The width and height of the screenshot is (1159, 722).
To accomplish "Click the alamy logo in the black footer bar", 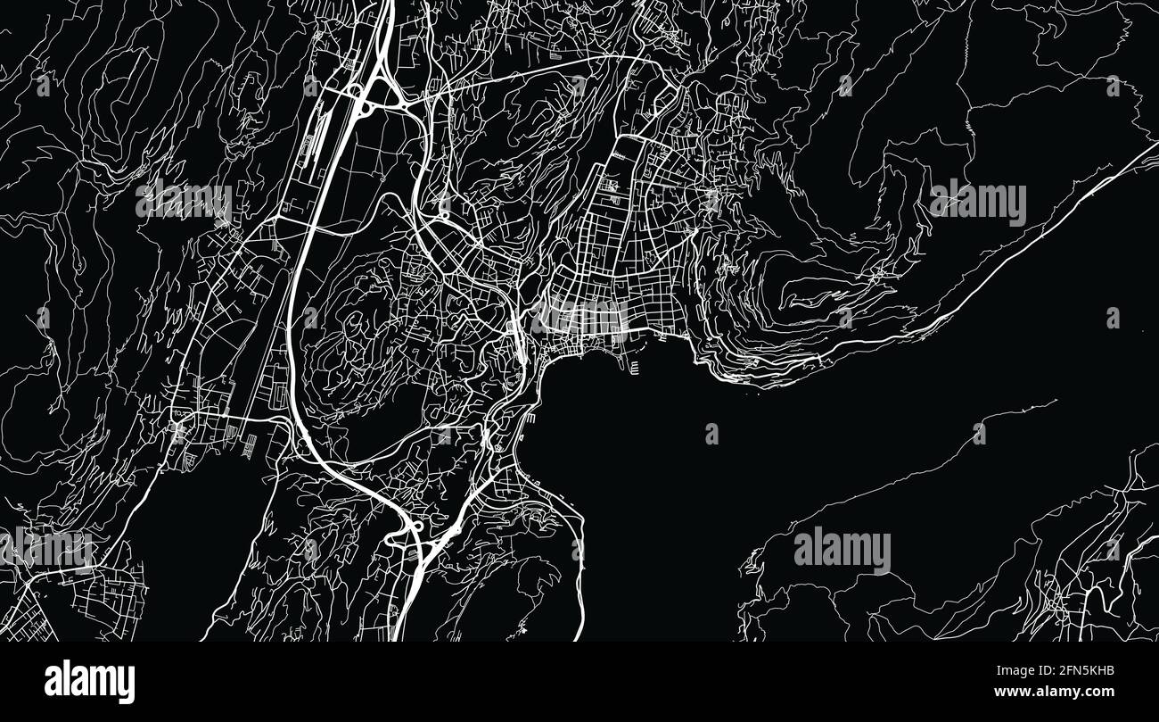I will click(90, 682).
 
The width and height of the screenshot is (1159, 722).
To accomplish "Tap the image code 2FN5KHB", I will click(1081, 671).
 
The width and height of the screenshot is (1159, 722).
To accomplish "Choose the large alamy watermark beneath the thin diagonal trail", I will click(842, 550).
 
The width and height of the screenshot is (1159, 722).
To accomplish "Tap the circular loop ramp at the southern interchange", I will click(415, 527).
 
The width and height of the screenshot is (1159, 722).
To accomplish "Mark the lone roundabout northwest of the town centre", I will click(443, 214).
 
